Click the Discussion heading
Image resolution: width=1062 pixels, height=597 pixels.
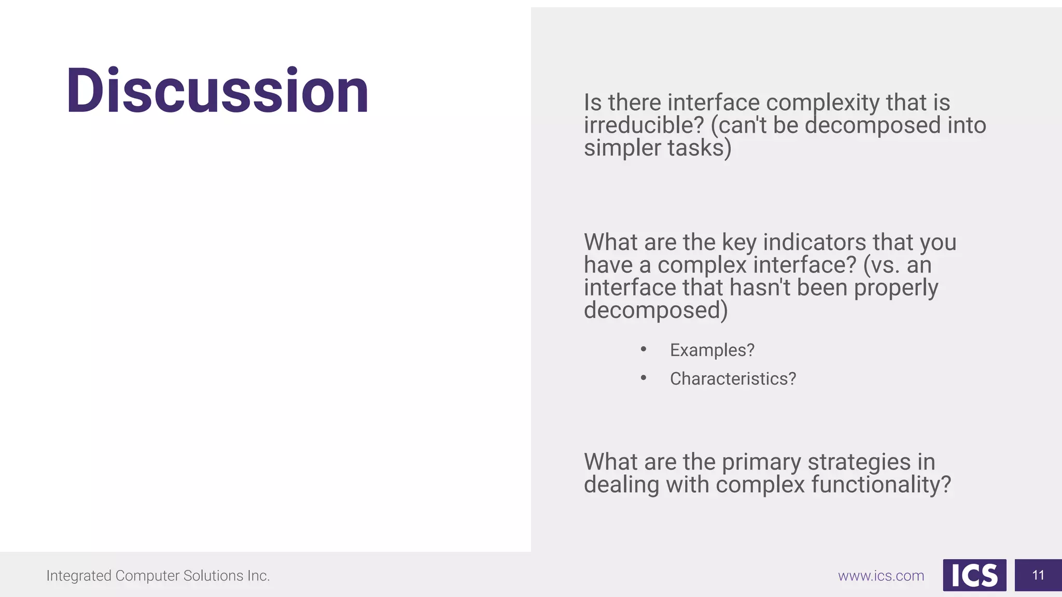[217, 91]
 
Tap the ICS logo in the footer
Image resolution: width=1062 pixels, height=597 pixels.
[974, 575]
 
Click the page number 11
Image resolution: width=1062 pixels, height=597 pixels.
[1038, 575]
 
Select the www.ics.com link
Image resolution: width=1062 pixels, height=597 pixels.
[881, 576]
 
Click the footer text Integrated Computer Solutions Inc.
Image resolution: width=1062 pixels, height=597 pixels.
[158, 576]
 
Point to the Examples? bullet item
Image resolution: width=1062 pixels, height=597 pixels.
[712, 350]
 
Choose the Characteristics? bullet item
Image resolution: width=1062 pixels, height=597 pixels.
[733, 379]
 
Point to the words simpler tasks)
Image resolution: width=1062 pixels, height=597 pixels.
[658, 148]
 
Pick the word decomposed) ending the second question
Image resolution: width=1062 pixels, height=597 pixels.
[655, 311]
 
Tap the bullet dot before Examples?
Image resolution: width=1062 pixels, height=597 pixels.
[644, 349]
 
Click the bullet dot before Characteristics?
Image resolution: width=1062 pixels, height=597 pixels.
[644, 378]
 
